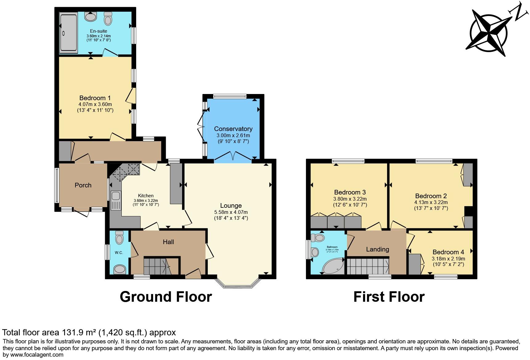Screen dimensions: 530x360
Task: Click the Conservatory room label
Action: [233, 129]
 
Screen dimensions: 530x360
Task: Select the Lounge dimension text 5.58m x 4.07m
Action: [231, 212]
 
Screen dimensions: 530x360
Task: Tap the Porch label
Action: [83, 185]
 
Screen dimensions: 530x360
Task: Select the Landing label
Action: [377, 249]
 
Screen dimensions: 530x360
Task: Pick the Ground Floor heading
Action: [166, 297]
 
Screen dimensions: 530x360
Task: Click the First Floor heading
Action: [389, 297]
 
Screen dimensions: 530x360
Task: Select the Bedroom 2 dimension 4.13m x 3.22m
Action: [431, 202]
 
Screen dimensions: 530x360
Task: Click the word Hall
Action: [168, 242]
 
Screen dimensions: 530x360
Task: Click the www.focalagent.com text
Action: [33, 354]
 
